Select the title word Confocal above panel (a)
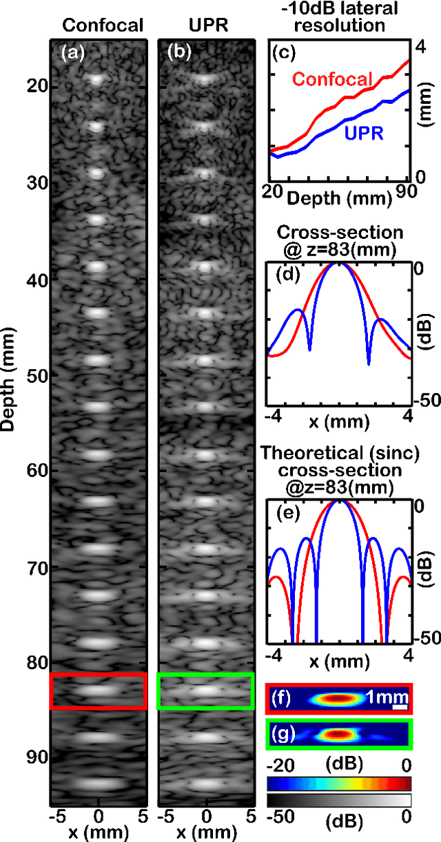pos(103,27)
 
